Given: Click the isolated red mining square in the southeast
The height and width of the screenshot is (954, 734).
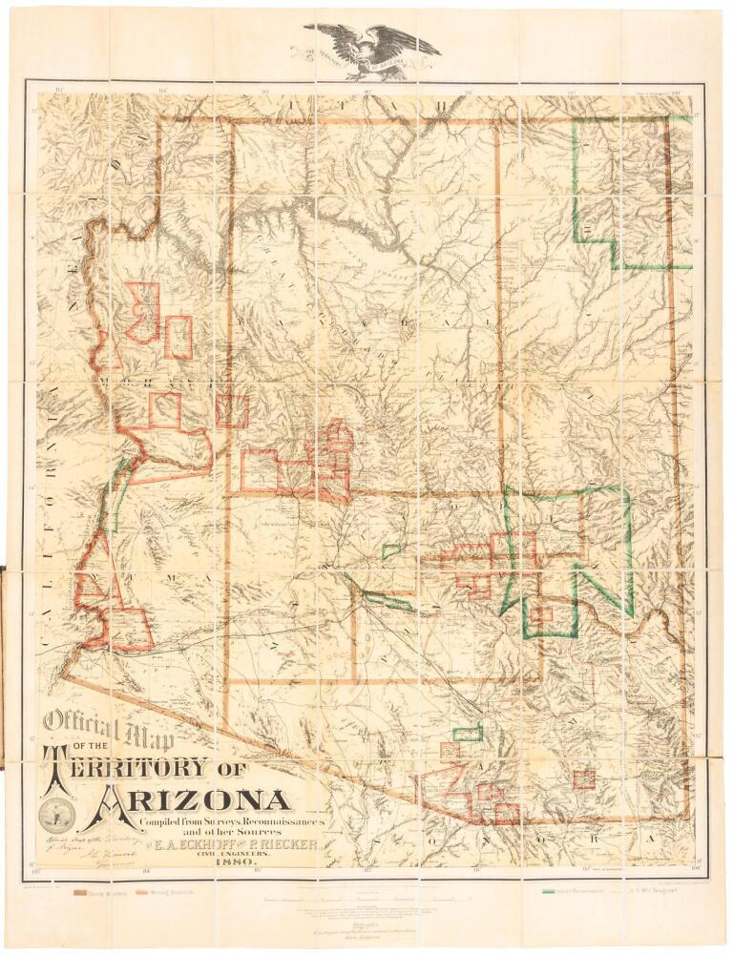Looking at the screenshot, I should click(x=583, y=778).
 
